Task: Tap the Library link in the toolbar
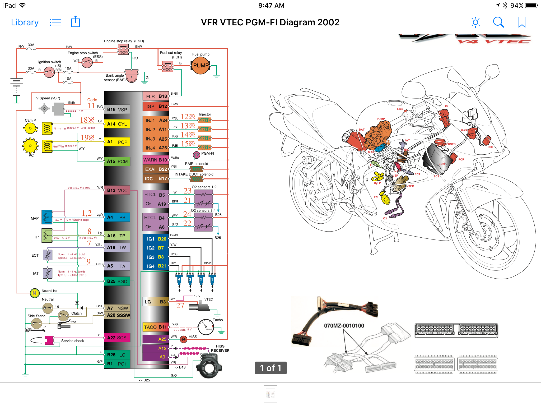click(x=25, y=22)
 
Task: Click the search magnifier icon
click(x=498, y=22)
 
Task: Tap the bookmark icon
click(x=522, y=22)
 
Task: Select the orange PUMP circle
click(x=200, y=66)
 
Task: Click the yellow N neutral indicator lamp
click(x=34, y=293)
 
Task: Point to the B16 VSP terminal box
click(x=117, y=109)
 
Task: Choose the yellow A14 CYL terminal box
click(x=117, y=124)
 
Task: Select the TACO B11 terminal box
click(x=155, y=327)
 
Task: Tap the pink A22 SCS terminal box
click(x=117, y=338)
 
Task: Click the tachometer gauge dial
click(x=206, y=327)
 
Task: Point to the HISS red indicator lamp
click(x=183, y=339)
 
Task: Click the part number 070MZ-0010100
click(x=344, y=326)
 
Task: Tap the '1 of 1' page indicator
click(x=270, y=368)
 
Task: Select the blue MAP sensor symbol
click(x=47, y=217)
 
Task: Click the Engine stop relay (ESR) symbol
click(x=123, y=49)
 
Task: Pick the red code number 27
click(x=180, y=306)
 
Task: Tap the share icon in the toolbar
click(x=75, y=22)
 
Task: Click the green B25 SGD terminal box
click(x=117, y=282)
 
